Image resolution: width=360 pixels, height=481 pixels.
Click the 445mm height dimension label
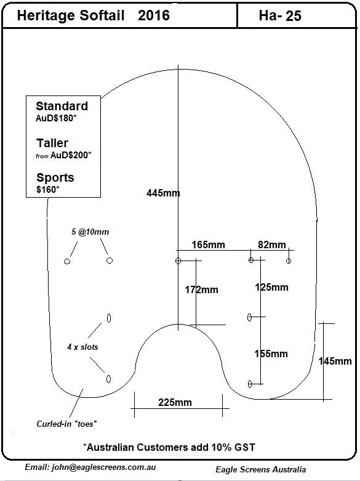[163, 193]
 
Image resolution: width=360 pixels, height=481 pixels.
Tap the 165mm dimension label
[208, 245]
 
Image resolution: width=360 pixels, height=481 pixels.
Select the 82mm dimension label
[271, 245]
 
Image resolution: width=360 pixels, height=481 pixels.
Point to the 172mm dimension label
[201, 289]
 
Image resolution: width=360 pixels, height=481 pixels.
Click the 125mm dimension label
[271, 287]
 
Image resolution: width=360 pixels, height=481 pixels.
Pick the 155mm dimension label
[271, 354]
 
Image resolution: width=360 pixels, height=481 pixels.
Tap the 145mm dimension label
[335, 361]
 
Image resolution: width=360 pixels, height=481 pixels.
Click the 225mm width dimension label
[175, 402]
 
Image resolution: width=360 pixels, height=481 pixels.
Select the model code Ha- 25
[280, 15]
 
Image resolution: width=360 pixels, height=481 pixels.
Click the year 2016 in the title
[154, 15]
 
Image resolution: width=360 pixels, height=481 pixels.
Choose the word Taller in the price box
[52, 143]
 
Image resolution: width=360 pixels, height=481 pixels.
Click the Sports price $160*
[47, 189]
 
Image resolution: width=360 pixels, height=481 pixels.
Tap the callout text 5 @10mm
[90, 232]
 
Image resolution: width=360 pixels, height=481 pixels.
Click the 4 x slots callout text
[82, 347]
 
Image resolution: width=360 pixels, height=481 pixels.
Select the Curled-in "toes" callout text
[66, 424]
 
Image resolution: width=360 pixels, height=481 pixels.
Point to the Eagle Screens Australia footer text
[261, 469]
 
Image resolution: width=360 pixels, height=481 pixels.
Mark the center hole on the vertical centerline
[178, 261]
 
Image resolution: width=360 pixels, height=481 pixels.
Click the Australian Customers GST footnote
[169, 447]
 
